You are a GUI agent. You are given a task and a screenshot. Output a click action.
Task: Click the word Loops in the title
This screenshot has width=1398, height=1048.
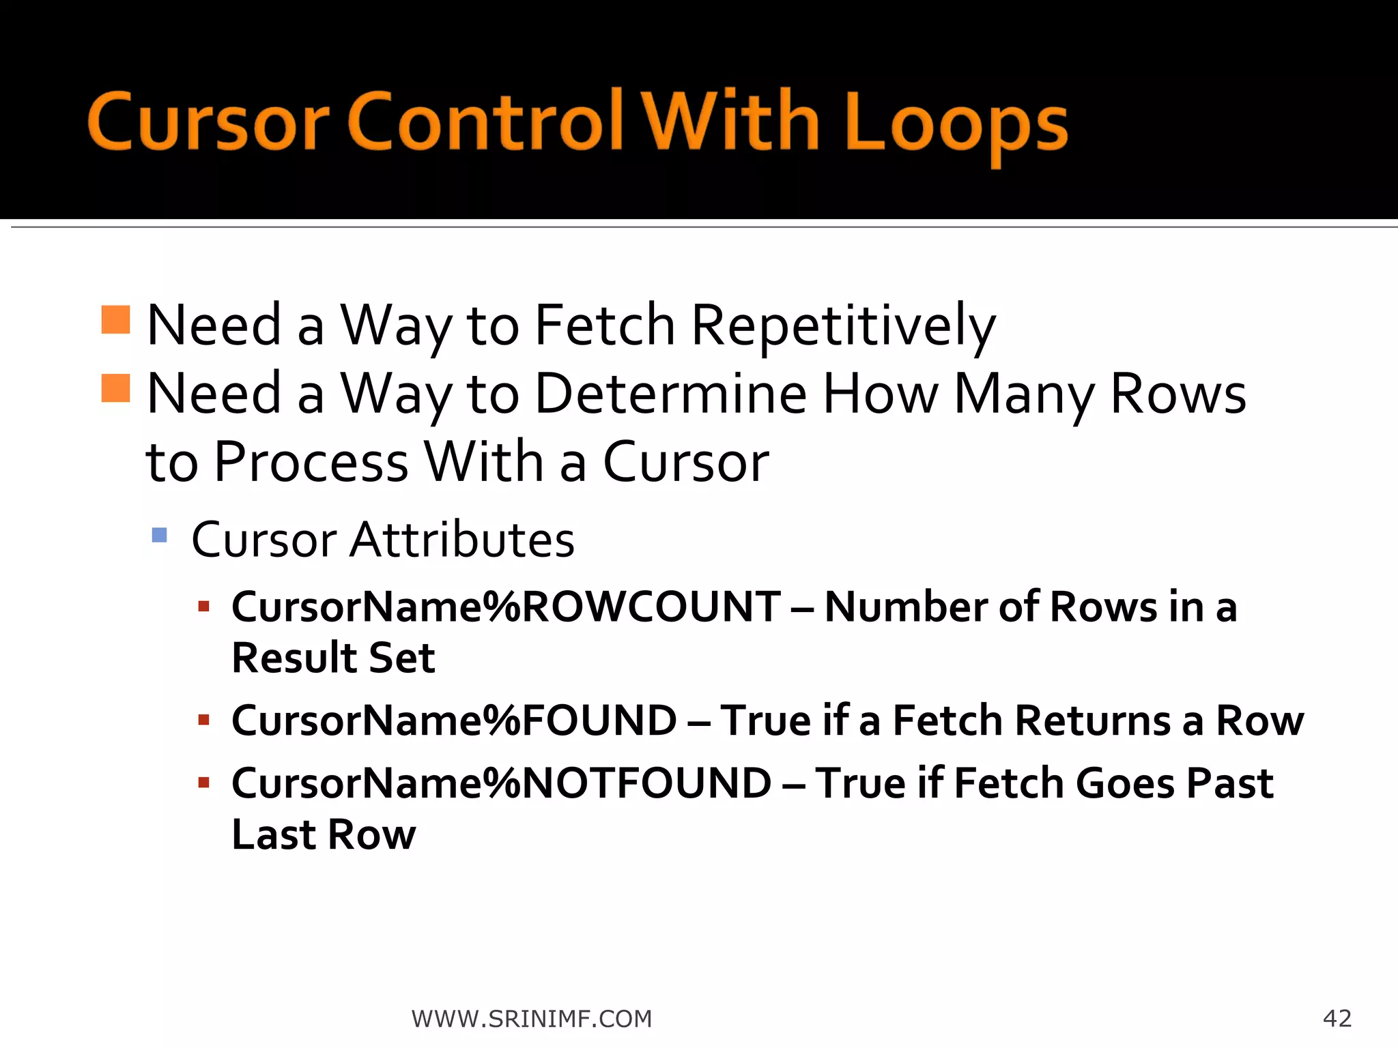click(956, 123)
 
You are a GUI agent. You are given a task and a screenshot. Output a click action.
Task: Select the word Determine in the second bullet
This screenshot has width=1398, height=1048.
click(671, 394)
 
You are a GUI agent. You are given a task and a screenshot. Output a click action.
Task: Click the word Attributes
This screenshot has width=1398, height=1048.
click(462, 540)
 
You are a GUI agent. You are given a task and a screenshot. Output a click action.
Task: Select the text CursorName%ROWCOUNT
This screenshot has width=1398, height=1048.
click(506, 607)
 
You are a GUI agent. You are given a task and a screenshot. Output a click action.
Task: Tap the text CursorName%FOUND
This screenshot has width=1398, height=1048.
click(454, 720)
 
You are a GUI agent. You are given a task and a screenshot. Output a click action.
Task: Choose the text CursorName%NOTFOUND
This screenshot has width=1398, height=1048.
click(501, 783)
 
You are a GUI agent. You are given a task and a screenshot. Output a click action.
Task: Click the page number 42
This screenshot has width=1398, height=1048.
click(1337, 1018)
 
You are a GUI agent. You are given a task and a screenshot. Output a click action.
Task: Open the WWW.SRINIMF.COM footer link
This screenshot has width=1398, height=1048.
click(532, 1019)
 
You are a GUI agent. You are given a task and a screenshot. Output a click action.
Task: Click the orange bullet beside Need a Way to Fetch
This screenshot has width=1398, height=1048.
click(115, 319)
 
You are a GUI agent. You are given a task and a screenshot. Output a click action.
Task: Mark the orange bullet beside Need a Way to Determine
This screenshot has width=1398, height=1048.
click(115, 388)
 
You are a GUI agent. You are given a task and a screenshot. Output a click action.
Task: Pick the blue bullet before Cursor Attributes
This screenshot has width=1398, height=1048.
click(160, 535)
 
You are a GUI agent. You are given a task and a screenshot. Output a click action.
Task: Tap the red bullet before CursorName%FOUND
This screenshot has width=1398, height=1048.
click(203, 720)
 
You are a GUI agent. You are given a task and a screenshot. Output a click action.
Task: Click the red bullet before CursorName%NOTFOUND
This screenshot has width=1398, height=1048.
click(203, 783)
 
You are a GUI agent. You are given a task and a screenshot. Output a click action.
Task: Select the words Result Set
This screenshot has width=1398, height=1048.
click(333, 658)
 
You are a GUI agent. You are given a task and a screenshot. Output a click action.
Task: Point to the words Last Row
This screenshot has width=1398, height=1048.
click(324, 834)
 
